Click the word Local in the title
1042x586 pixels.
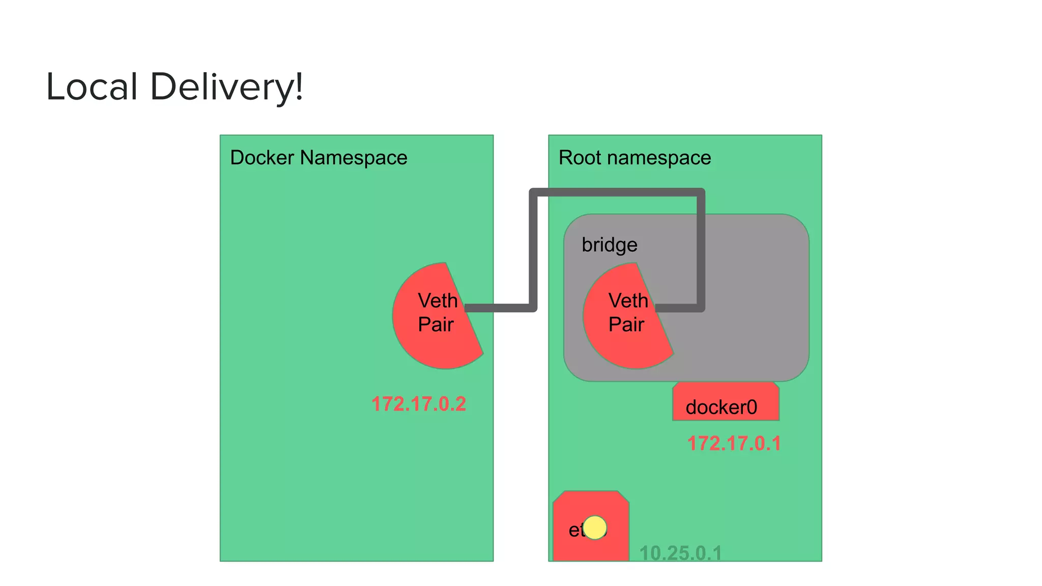coord(92,86)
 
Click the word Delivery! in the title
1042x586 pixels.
coord(226,86)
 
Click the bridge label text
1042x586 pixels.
coord(609,245)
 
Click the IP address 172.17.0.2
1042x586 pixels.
coord(418,404)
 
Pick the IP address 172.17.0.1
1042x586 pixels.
coord(734,444)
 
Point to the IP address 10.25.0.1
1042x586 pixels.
coord(680,553)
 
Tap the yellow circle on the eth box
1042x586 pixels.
coord(595,528)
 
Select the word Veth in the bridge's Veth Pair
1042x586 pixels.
coord(628,301)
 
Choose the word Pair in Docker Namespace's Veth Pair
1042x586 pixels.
coord(436,325)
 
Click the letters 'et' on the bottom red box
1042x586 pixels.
coord(575,531)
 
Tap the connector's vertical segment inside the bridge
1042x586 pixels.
coord(701,254)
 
